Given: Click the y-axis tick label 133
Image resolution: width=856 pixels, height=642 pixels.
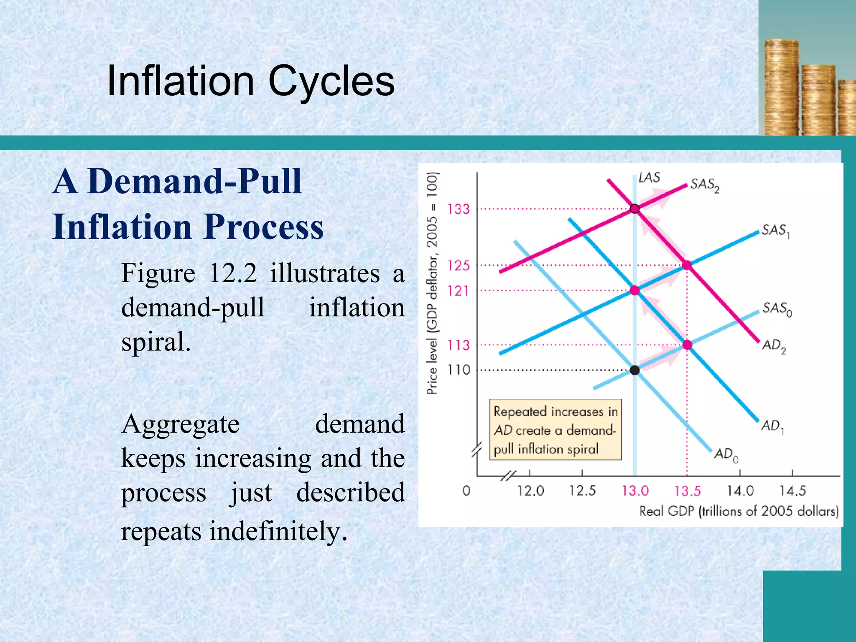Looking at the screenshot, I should click(x=459, y=209).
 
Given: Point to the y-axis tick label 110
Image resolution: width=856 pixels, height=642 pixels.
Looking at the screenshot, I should click(x=459, y=370).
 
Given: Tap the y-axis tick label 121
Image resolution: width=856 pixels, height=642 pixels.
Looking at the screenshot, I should click(x=459, y=290).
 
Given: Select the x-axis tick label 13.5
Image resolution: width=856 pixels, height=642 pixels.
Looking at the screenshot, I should click(x=687, y=490).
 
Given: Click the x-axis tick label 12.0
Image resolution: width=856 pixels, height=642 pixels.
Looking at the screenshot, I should click(x=530, y=490).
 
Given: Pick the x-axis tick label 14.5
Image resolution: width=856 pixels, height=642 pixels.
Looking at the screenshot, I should click(x=792, y=490).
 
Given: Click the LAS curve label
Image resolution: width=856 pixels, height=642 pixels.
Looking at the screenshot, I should click(x=649, y=178).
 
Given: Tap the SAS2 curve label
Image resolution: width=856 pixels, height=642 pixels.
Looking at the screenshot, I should click(x=704, y=185).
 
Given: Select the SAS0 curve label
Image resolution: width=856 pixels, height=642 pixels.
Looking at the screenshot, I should click(x=777, y=309).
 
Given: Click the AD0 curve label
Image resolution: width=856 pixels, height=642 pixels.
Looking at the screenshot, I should click(x=726, y=454).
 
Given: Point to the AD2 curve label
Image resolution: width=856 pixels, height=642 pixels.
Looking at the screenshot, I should click(x=774, y=346).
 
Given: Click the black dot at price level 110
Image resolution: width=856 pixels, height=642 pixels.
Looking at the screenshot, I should click(x=634, y=370).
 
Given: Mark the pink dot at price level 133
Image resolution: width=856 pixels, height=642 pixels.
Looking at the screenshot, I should click(x=634, y=209).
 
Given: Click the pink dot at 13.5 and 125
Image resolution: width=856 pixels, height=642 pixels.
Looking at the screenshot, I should click(x=687, y=265).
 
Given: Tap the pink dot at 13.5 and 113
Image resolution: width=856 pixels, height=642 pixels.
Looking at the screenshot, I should click(x=687, y=345).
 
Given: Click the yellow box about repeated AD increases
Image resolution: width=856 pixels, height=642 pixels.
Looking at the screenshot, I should click(x=555, y=430).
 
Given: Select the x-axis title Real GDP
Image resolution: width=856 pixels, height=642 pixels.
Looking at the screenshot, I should click(x=739, y=511).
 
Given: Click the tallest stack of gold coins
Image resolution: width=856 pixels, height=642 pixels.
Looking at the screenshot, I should click(x=781, y=88).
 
